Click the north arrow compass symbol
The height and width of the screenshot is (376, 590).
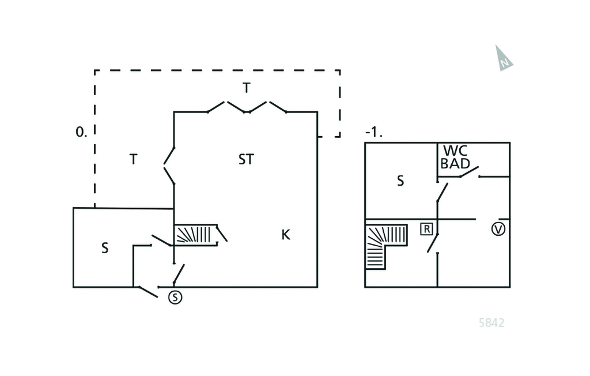[504, 58]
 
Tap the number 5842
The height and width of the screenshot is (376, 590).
[491, 323]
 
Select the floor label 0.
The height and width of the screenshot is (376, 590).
[81, 131]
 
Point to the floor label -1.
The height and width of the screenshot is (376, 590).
[373, 132]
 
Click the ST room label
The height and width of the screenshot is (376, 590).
[245, 160]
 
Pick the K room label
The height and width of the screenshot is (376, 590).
[285, 235]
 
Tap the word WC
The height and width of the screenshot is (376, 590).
[455, 151]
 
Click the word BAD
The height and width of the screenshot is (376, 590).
[455, 163]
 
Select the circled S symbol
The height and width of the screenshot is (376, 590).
[175, 298]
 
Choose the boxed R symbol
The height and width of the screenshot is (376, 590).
[426, 228]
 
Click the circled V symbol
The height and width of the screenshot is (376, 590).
[498, 229]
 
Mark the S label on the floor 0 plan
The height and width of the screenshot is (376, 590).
[105, 249]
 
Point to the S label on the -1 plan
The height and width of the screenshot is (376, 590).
[400, 181]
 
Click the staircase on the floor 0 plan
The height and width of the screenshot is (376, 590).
[195, 235]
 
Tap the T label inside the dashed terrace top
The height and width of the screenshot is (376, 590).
[247, 88]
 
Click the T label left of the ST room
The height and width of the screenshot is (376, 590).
[133, 160]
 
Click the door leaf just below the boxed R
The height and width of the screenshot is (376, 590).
[433, 243]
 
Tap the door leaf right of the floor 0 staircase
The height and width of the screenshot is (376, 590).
[221, 234]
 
